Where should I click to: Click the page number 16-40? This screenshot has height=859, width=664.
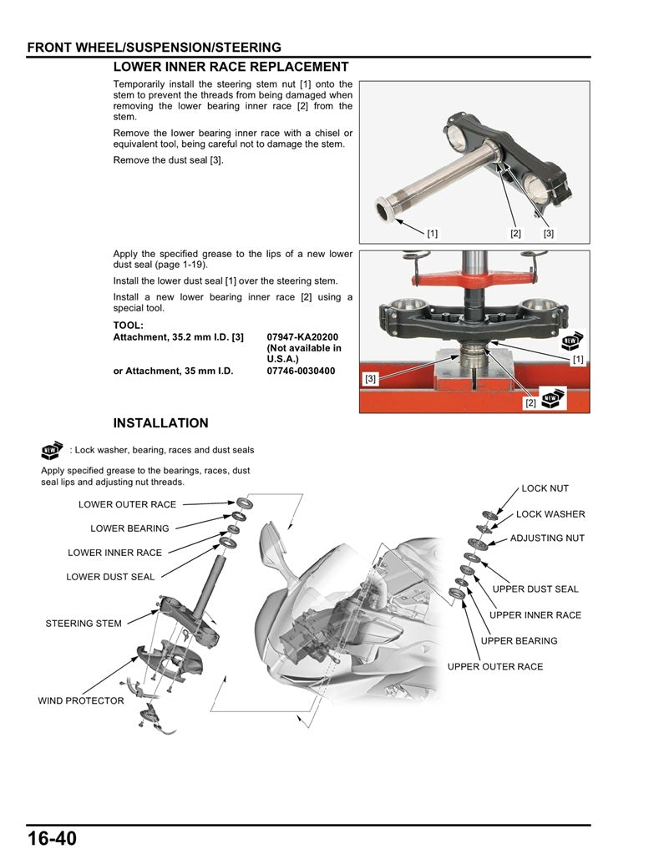click(52, 838)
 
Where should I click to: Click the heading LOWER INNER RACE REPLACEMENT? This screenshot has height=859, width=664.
click(231, 67)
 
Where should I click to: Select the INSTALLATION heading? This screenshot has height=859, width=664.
click(160, 423)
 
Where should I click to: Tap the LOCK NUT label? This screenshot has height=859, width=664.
click(545, 488)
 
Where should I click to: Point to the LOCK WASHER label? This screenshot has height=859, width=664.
click(550, 514)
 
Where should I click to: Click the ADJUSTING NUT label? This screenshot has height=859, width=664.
click(547, 538)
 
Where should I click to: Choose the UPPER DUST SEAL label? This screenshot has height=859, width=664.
click(535, 589)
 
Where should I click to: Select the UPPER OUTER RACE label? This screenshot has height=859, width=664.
click(494, 667)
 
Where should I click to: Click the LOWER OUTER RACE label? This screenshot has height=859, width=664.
click(127, 504)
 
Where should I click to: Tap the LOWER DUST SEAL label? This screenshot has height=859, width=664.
click(110, 577)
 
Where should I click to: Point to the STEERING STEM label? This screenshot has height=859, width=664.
click(83, 624)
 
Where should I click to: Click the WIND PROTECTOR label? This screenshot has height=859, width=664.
click(80, 701)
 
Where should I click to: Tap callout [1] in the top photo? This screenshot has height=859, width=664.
click(432, 234)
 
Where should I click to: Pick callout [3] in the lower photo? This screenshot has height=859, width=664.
click(371, 379)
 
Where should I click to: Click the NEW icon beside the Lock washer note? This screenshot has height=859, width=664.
click(52, 451)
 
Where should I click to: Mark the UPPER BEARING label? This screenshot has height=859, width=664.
click(519, 641)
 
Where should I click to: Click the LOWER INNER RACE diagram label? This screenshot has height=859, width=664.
click(114, 553)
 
